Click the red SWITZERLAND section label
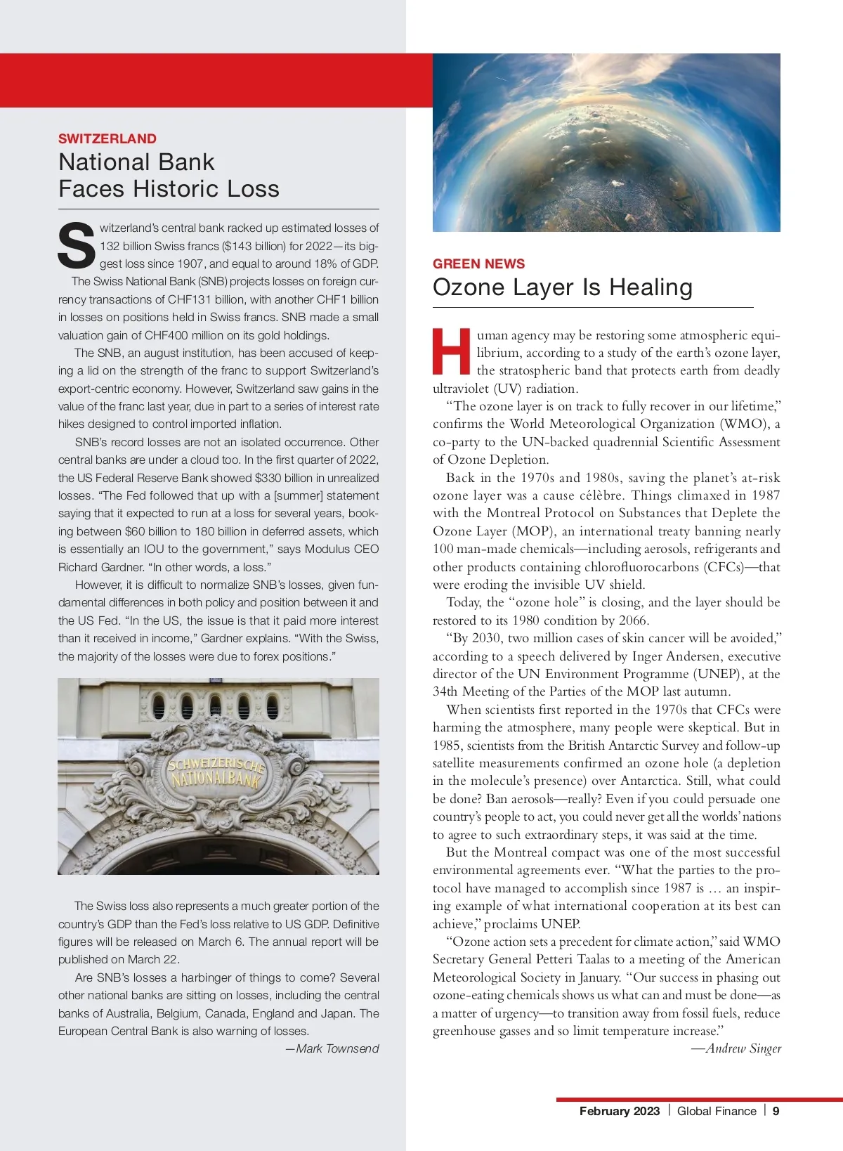tap(107, 138)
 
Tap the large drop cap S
tap(76, 246)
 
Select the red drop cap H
tap(451, 351)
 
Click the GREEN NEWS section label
tap(478, 264)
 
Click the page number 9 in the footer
tap(776, 1111)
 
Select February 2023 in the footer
tap(619, 1111)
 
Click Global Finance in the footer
tap(717, 1111)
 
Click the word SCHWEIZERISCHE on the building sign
tap(216, 762)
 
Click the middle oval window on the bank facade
tap(215, 705)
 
